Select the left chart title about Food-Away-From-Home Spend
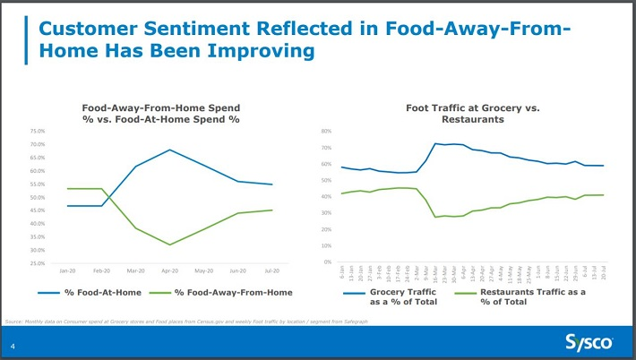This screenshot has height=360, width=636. pyautogui.click(x=161, y=113)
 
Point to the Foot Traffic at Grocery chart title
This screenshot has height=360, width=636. pyautogui.click(x=472, y=113)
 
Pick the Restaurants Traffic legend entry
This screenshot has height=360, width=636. pyautogui.click(x=532, y=296)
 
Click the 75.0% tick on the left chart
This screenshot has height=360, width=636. pyautogui.click(x=37, y=131)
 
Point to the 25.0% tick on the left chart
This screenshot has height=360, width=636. pyautogui.click(x=37, y=263)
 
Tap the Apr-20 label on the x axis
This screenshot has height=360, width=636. pyautogui.click(x=169, y=270)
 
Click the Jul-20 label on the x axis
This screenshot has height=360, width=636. pyautogui.click(x=271, y=270)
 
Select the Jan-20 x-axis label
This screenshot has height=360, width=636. pyautogui.click(x=67, y=270)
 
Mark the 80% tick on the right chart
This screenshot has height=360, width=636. pyautogui.click(x=326, y=132)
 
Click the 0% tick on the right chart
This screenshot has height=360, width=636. pyautogui.click(x=328, y=261)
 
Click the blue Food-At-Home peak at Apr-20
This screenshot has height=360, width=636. pyautogui.click(x=169, y=150)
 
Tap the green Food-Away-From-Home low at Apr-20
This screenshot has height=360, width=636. pyautogui.click(x=169, y=244)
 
